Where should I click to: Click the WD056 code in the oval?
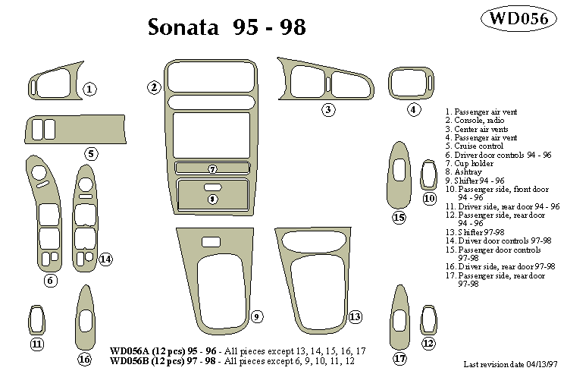pyautogui.click(x=519, y=20)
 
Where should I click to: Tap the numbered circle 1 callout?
pyautogui.click(x=89, y=90)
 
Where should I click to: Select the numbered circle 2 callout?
pyautogui.click(x=154, y=87)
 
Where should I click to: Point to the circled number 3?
pyautogui.click(x=328, y=110)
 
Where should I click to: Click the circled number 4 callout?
pyautogui.click(x=414, y=109)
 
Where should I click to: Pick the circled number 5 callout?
pyautogui.click(x=90, y=154)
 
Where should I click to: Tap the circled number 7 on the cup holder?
pyautogui.click(x=213, y=168)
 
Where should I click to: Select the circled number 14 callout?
pyautogui.click(x=105, y=259)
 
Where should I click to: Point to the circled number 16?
pyautogui.click(x=84, y=359)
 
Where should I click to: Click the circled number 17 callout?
pyautogui.click(x=399, y=358)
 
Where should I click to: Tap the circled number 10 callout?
pyautogui.click(x=430, y=199)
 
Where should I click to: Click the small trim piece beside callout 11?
pyautogui.click(x=36, y=319)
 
